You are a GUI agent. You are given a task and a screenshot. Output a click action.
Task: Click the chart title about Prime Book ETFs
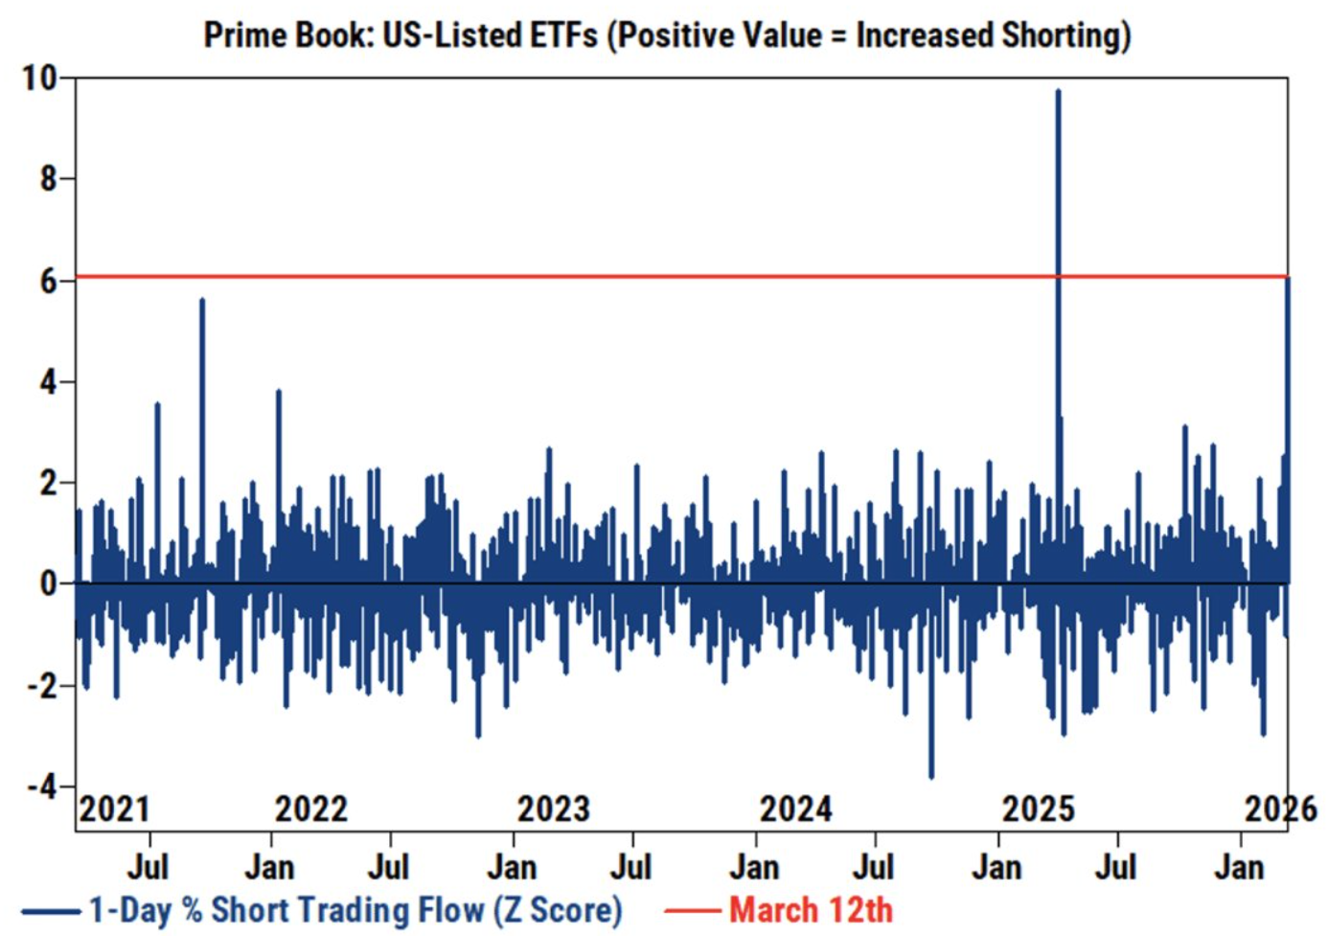pyautogui.click(x=667, y=35)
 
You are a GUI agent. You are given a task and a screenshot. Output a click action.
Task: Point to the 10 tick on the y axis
pyautogui.click(x=40, y=78)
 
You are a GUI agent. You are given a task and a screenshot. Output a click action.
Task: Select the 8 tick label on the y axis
pyautogui.click(x=49, y=178)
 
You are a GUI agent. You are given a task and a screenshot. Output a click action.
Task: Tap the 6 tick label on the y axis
pyautogui.click(x=49, y=281)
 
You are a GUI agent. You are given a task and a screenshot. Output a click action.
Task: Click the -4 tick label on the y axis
pyautogui.click(x=42, y=787)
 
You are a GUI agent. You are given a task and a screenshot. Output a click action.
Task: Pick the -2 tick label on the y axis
pyautogui.click(x=42, y=686)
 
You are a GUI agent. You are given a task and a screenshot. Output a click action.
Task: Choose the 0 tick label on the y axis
pyautogui.click(x=49, y=583)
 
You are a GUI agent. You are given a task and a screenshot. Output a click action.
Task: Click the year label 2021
pyautogui.click(x=115, y=810)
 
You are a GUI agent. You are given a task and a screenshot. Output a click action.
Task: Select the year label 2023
pyautogui.click(x=554, y=810)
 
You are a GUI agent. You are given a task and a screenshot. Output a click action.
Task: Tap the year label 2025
pyautogui.click(x=1039, y=810)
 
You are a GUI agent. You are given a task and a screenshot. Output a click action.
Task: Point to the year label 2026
pyautogui.click(x=1281, y=810)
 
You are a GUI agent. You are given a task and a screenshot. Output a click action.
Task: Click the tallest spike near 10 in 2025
pyautogui.click(x=1058, y=91)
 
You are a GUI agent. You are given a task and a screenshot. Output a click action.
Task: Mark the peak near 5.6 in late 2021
pyautogui.click(x=202, y=301)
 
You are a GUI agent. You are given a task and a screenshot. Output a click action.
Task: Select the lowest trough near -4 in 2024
pyautogui.click(x=931, y=776)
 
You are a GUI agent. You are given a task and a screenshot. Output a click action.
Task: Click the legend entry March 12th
pyautogui.click(x=811, y=909)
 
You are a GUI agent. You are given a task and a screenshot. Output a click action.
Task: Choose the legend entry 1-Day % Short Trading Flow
pyautogui.click(x=355, y=909)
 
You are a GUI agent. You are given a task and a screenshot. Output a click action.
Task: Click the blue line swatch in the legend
pyautogui.click(x=51, y=910)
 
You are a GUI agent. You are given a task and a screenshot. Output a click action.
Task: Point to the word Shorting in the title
pyautogui.click(x=1065, y=35)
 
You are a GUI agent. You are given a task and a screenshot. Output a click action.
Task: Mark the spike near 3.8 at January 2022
pyautogui.click(x=278, y=392)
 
